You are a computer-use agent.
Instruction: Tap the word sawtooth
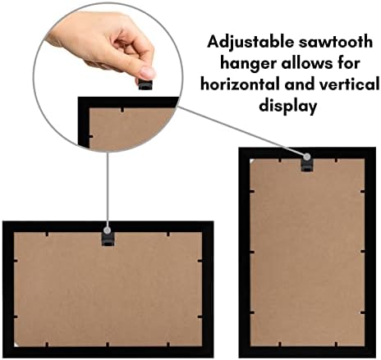[x=336, y=42]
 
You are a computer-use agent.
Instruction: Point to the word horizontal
[x=241, y=84]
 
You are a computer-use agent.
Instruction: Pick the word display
[x=288, y=106]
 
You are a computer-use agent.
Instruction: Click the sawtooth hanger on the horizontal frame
[x=108, y=239]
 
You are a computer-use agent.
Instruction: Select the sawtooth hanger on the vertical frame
[x=307, y=165]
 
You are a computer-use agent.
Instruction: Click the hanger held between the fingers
[x=145, y=84]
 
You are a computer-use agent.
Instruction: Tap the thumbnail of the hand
[x=148, y=72]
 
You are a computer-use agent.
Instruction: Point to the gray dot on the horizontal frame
[x=107, y=230]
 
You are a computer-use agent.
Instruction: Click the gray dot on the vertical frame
[x=307, y=157]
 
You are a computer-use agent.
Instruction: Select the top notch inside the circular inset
[x=122, y=110]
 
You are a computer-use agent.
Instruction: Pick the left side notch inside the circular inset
[x=91, y=136]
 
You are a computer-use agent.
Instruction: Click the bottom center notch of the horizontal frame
[x=108, y=344]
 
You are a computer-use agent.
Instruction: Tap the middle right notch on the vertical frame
[x=363, y=251]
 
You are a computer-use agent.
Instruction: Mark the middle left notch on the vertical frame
[x=252, y=252]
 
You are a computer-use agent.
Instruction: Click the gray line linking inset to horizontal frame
[x=108, y=189]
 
